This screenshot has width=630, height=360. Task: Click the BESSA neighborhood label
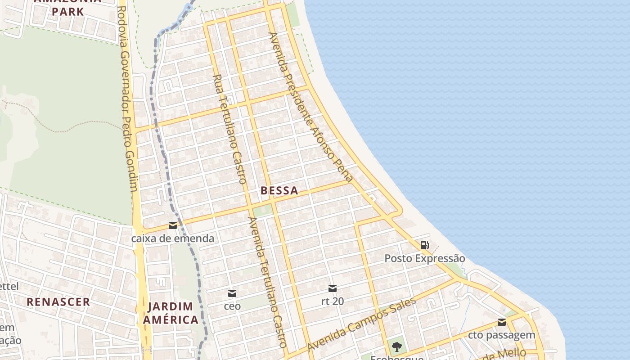pyautogui.click(x=279, y=190)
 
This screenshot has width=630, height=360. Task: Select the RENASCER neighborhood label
pyautogui.click(x=58, y=301)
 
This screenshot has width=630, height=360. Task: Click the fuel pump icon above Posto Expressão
pyautogui.click(x=424, y=245)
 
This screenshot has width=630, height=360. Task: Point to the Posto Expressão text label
pyautogui.click(x=424, y=258)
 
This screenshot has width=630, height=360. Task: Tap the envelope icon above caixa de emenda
pyautogui.click(x=173, y=225)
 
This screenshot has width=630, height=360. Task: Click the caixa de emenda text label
pyautogui.click(x=173, y=238)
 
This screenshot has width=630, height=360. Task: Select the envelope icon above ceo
pyautogui.click(x=232, y=293)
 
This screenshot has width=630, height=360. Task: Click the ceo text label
pyautogui.click(x=232, y=306)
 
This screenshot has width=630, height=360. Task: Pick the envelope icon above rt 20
pyautogui.click(x=333, y=288)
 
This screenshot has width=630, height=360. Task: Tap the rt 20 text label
pyautogui.click(x=333, y=301)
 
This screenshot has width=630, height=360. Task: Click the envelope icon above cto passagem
pyautogui.click(x=502, y=322)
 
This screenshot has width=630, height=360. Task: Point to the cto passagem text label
pyautogui.click(x=502, y=335)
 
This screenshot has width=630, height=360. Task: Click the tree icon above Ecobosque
pyautogui.click(x=396, y=346)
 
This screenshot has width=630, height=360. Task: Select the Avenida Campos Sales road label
pyautogui.click(x=361, y=324)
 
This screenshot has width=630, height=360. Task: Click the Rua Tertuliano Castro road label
pyautogui.click(x=229, y=129)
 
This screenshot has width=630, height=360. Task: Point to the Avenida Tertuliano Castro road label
pyautogui.click(x=268, y=282)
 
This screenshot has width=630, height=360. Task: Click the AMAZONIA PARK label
pyautogui.click(x=67, y=6)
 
